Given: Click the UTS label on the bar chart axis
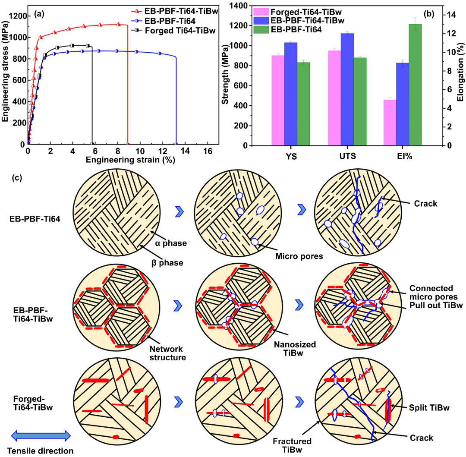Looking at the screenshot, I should click(x=347, y=156).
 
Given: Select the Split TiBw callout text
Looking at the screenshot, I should click(x=425, y=407).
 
